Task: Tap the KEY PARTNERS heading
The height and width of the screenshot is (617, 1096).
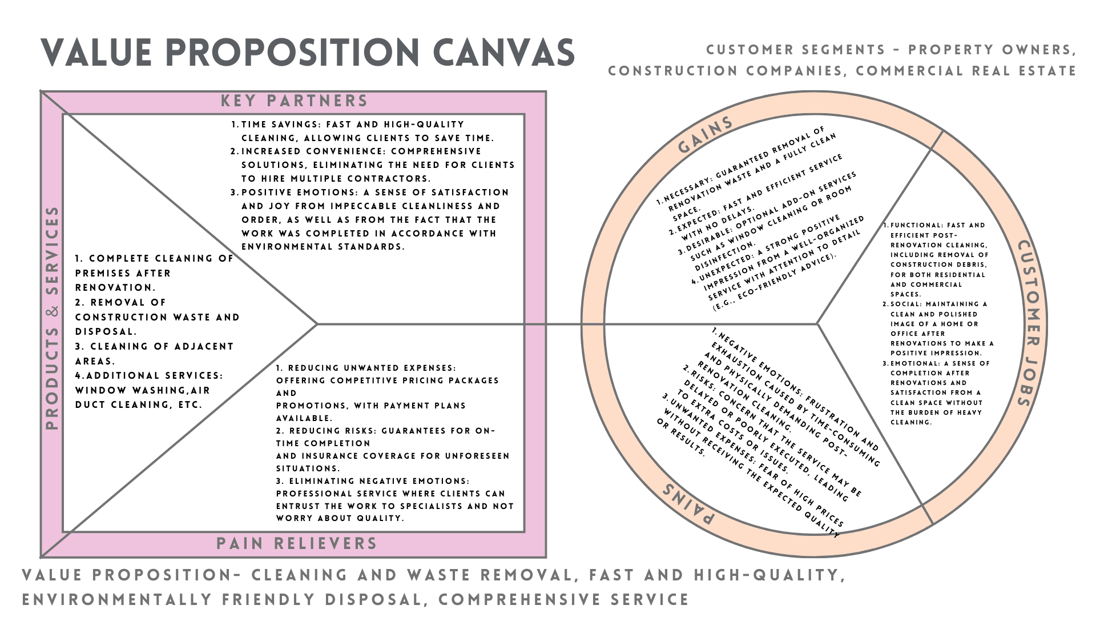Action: point(295,101)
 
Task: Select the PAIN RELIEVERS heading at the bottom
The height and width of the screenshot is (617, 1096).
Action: point(297,544)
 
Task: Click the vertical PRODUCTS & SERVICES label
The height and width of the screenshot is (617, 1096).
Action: point(53,318)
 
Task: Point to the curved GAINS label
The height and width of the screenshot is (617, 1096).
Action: point(706,135)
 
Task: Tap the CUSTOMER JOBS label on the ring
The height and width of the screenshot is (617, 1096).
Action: point(1031,323)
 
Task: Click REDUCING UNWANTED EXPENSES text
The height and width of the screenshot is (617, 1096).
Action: point(372,368)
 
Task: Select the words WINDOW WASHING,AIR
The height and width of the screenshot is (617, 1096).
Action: point(143,391)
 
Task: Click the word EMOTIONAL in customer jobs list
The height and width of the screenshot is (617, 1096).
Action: point(913,363)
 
